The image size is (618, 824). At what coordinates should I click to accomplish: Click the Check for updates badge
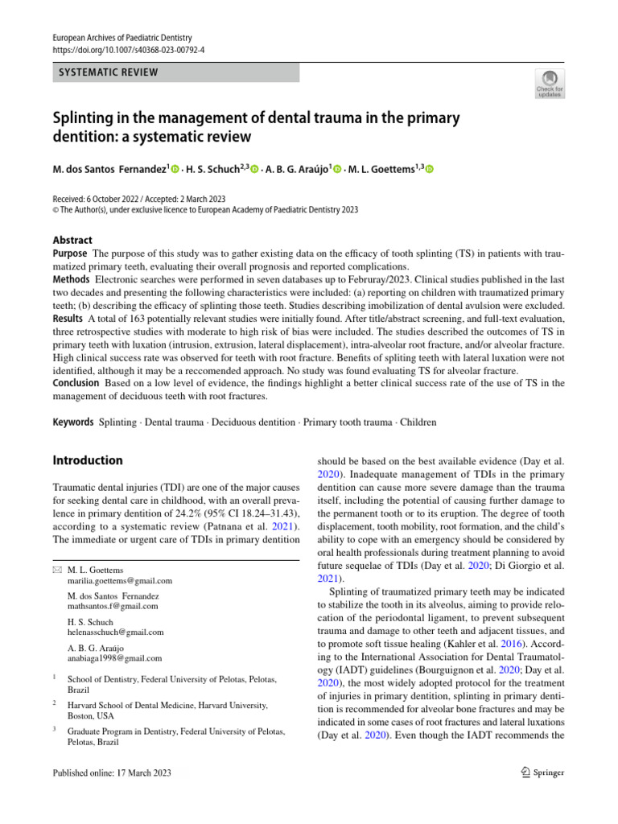click(550, 84)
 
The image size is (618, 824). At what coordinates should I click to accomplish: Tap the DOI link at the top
click(129, 49)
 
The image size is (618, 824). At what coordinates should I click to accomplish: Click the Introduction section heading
click(88, 460)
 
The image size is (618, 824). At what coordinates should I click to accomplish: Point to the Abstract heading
click(72, 240)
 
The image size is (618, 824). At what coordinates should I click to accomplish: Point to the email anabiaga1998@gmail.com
click(115, 658)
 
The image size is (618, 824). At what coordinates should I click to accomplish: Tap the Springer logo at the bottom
click(539, 772)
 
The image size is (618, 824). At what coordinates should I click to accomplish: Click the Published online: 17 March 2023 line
click(112, 773)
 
